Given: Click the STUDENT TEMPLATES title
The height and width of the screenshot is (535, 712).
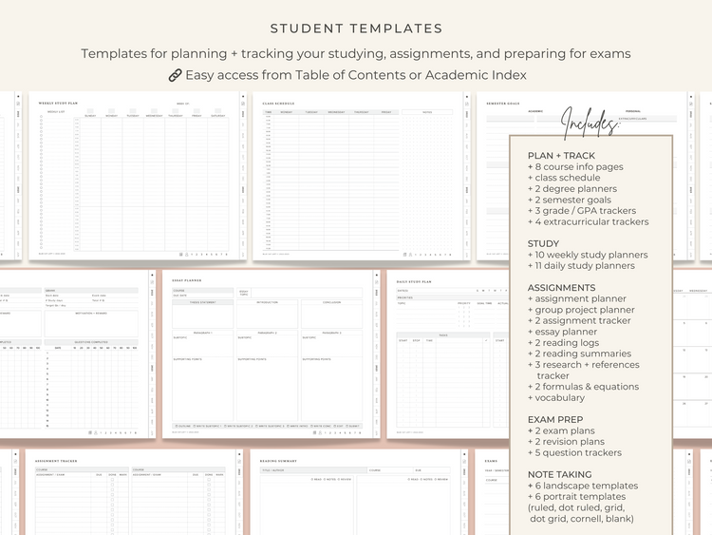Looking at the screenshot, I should pos(356,29).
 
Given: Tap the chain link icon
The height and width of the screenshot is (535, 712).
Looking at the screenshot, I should pos(175,74).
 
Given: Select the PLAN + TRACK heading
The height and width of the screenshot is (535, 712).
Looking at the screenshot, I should pos(561,156).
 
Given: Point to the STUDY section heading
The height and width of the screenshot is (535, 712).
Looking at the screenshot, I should pos(543,243).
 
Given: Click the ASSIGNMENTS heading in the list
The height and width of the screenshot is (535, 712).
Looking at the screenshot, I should pos(561,288).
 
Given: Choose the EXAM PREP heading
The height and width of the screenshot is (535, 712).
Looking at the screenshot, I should pos(555,419).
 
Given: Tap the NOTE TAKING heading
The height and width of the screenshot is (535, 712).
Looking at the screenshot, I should pos(561,474).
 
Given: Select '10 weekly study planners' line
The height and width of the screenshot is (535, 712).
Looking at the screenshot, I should pos(588,255).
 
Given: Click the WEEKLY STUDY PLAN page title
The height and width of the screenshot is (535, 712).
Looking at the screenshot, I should pos(58,103).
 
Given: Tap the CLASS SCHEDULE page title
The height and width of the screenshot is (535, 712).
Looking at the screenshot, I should pos(281,102).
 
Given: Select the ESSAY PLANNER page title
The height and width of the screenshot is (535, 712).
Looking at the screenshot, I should pos(187,280).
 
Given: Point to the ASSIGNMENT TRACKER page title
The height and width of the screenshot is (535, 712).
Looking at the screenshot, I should pos(57,461).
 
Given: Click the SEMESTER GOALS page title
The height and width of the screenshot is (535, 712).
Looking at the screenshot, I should pos(507,102).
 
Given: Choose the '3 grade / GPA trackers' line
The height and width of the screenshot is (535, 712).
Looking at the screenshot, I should pos(582,211).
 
